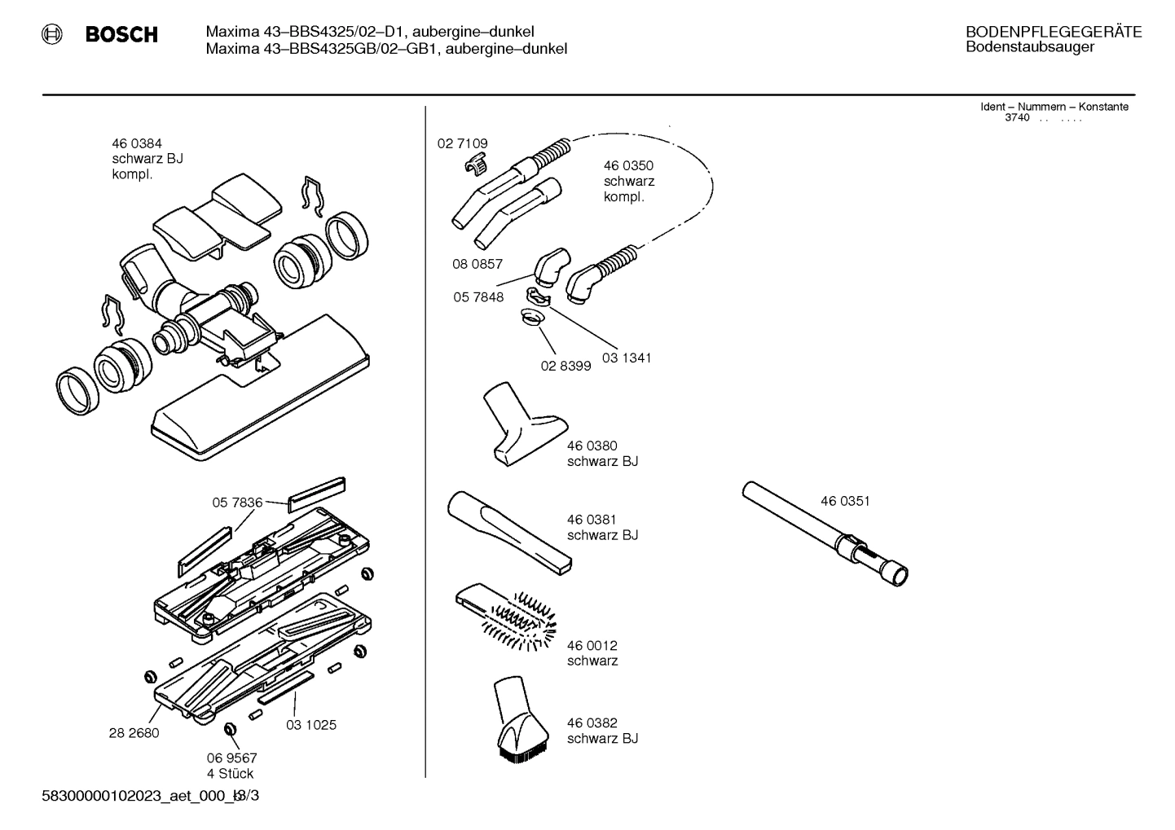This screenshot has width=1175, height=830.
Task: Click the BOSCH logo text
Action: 121,35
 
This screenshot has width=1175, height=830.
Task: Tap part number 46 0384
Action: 137,143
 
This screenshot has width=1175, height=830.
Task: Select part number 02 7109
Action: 462,143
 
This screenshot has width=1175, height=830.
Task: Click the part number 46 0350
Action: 628,166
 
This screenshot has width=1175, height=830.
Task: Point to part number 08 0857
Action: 477,264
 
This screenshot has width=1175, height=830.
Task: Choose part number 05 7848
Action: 478,297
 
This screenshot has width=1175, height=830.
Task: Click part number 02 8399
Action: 565,366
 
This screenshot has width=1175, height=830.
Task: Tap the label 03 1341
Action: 627,358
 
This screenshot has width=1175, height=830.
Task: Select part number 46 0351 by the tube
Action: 845,501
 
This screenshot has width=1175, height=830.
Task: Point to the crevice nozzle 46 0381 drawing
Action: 507,529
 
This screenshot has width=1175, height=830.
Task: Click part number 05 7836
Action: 237,503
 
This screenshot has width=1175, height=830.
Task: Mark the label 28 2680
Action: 134,732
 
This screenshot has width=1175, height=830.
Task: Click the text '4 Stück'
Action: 230,773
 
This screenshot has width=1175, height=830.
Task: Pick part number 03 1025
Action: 310,724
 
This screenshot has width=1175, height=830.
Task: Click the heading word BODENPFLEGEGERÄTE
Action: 1053,33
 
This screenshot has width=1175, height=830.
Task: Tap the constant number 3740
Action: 1017,117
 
